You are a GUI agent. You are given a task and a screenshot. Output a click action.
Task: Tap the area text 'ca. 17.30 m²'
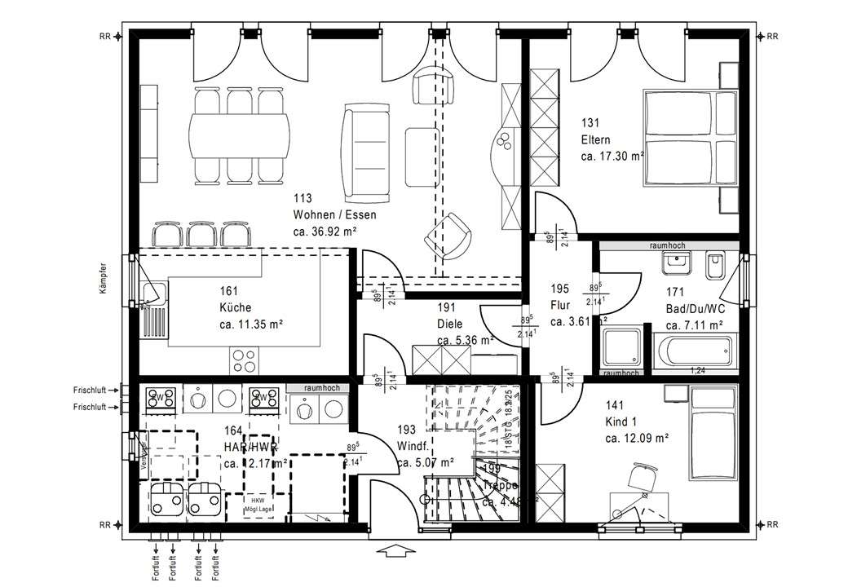(612, 155)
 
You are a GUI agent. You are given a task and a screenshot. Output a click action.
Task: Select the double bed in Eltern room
(691, 139)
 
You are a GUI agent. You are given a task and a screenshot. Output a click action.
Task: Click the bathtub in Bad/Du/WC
(694, 352)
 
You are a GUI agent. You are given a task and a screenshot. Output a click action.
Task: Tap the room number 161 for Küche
(230, 291)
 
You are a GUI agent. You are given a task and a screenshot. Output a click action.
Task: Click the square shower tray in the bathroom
(622, 349)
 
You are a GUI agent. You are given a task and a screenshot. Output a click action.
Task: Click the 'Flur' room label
(560, 307)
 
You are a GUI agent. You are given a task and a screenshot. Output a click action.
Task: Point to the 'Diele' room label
(449, 324)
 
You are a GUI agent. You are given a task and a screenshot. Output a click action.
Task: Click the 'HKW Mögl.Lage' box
(258, 503)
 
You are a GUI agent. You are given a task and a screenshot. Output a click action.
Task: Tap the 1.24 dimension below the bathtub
(697, 371)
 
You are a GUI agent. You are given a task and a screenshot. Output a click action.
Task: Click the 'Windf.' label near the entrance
(411, 446)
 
